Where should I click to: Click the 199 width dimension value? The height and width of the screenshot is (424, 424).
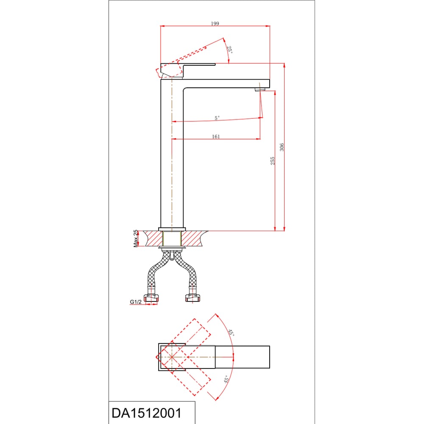tap(215, 23)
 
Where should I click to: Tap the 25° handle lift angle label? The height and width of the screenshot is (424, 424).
tap(229, 50)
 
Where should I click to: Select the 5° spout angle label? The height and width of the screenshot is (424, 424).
tap(217, 118)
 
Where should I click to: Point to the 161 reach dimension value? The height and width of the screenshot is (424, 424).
tap(216, 137)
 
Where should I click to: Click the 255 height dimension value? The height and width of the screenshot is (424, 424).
tap(273, 161)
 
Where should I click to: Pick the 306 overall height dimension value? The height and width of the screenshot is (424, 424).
tap(282, 148)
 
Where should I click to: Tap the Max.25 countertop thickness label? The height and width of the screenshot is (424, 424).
tap(136, 238)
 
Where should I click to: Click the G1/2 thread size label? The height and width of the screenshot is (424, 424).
tap(136, 302)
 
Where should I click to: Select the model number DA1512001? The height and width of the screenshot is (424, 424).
tap(147, 413)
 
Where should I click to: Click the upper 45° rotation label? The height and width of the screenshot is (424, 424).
tap(231, 332)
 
